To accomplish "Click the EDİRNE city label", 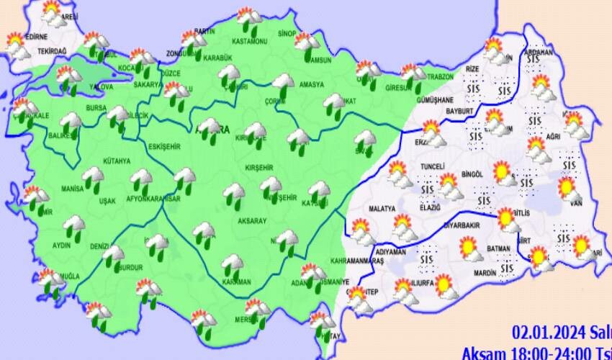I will [36, 37].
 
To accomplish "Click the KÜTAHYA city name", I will [116, 161].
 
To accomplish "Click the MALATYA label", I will [382, 209].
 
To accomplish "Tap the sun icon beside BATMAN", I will [472, 250].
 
